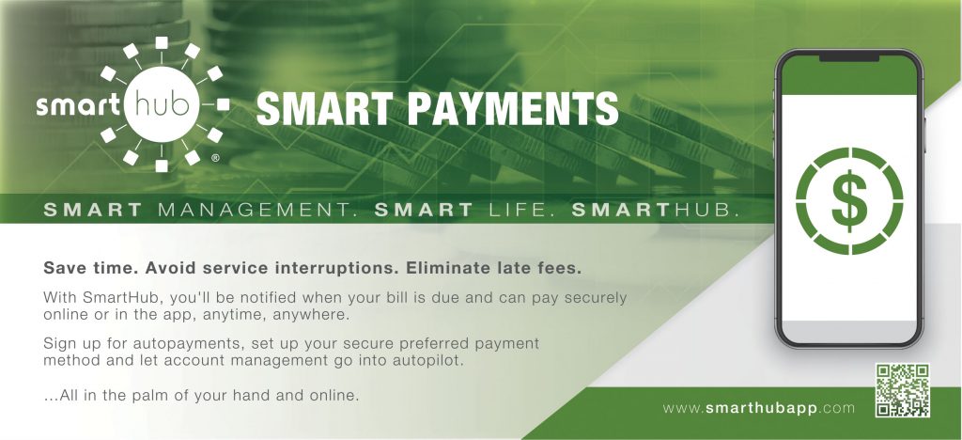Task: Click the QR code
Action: (x=902, y=390)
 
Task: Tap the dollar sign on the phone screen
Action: (x=849, y=199)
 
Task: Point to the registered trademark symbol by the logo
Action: (x=215, y=160)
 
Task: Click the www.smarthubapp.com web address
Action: (x=759, y=408)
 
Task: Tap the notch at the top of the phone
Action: (x=849, y=57)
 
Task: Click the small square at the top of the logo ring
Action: (x=161, y=42)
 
